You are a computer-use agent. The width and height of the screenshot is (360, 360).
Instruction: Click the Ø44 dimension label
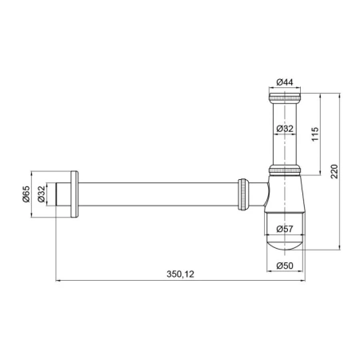tap(285, 82)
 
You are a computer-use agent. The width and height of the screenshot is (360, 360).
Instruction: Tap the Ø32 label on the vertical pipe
tap(285, 129)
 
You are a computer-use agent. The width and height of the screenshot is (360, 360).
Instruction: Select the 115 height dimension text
tap(315, 134)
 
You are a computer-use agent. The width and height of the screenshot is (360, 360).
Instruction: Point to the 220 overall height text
tap(334, 171)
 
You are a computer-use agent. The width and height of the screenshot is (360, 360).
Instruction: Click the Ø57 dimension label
tap(285, 229)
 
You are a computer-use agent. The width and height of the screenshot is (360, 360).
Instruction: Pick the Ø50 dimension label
tap(285, 266)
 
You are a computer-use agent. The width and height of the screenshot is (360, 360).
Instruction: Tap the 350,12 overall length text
tap(181, 274)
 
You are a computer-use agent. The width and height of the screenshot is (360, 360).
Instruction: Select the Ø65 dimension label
tap(26, 194)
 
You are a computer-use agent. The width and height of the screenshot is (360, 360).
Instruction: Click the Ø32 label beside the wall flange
tap(42, 194)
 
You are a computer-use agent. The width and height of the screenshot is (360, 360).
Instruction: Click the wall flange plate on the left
tap(74, 194)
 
